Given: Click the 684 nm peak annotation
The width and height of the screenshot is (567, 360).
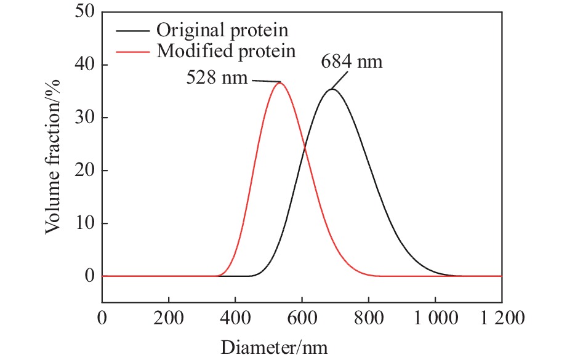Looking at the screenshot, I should (x=352, y=63).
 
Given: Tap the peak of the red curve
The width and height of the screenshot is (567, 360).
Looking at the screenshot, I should (x=279, y=82).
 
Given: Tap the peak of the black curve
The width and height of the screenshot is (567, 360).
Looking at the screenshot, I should (x=332, y=89).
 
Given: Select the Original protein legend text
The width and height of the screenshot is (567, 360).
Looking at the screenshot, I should (x=223, y=29).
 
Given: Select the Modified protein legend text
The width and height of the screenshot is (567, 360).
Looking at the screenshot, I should (x=226, y=50).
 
